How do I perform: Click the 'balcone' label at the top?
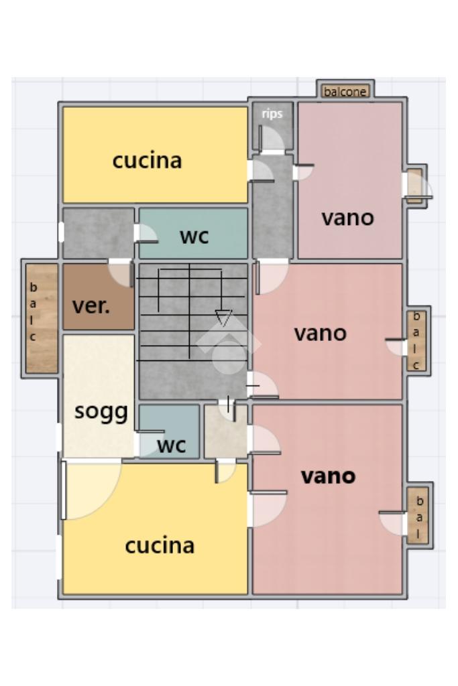[x=345, y=92]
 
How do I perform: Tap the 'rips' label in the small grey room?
[x=272, y=114]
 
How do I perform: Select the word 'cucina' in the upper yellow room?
[x=147, y=161]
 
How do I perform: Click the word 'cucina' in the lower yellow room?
[x=160, y=545]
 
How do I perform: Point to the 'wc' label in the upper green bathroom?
[x=194, y=236]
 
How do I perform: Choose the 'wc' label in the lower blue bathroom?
[x=172, y=445]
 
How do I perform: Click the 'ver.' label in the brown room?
[x=91, y=305]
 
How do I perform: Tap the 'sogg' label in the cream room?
[x=101, y=412]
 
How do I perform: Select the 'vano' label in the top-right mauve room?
[x=348, y=218]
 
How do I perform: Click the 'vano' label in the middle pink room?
[x=321, y=334]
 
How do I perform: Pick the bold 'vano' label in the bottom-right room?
[x=329, y=476]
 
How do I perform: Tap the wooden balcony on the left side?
[x=42, y=318]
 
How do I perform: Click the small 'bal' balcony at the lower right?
[x=418, y=516]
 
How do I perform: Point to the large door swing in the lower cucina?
[x=91, y=490]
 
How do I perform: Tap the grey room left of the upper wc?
[x=99, y=233]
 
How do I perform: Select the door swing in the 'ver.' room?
[x=121, y=273]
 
